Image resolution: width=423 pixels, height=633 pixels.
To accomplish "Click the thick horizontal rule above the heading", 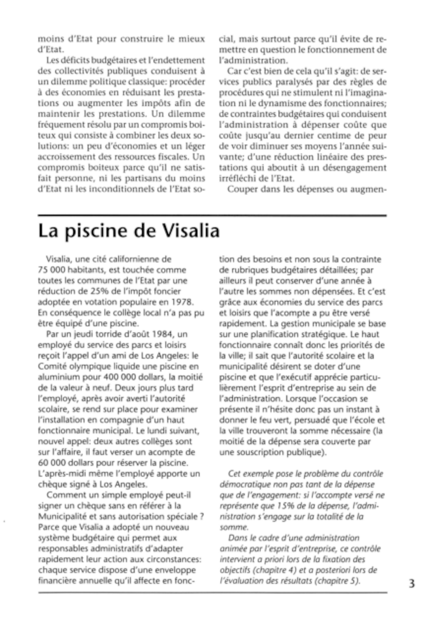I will click(x=212, y=215).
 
